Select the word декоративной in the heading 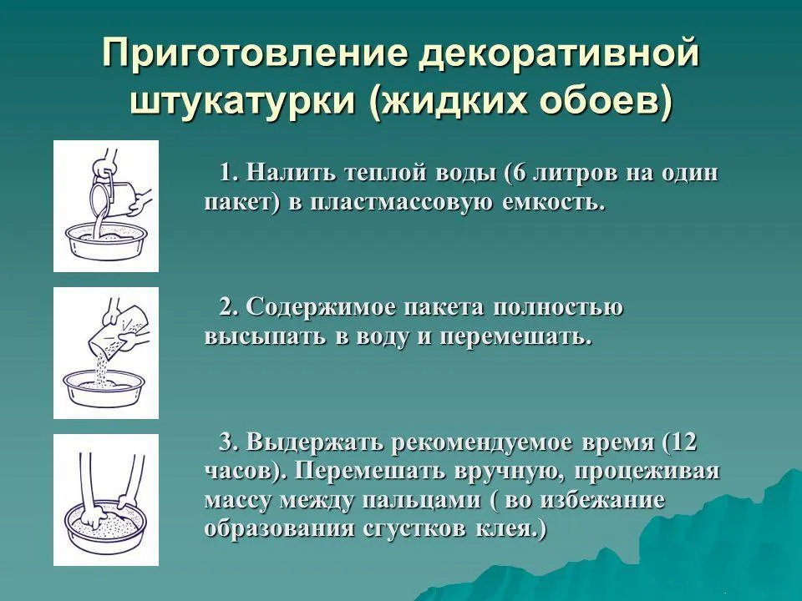(559, 53)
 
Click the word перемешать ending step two (511, 338)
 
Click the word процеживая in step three (647, 471)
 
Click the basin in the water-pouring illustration (106, 241)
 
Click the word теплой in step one (386, 173)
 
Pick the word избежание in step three (602, 500)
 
